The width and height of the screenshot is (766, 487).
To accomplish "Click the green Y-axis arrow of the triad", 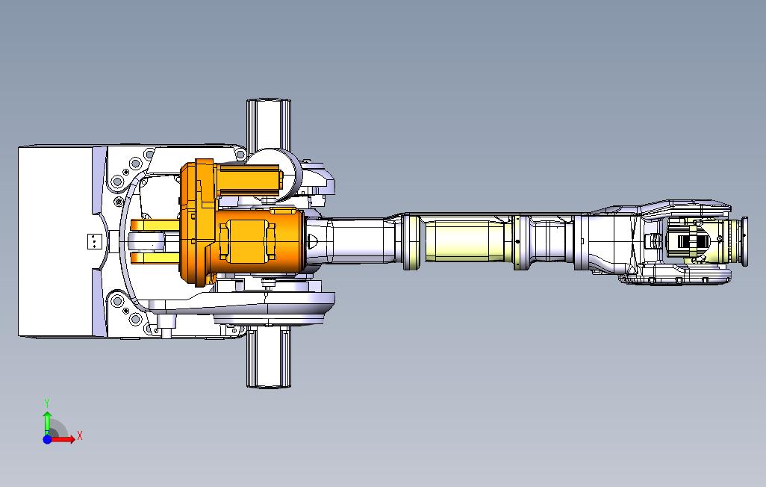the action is [x=47, y=423].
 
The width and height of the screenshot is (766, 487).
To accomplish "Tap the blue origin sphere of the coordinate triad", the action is [x=47, y=439].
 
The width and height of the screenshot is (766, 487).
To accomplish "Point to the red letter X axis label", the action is [x=80, y=435].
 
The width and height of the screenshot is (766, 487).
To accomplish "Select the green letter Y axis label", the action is [x=47, y=403].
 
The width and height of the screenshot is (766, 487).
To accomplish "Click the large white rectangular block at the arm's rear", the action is [x=55, y=241].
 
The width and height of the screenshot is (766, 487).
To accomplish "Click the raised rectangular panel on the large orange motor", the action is [x=246, y=241].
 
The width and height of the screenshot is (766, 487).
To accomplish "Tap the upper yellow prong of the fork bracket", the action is [x=154, y=226].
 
